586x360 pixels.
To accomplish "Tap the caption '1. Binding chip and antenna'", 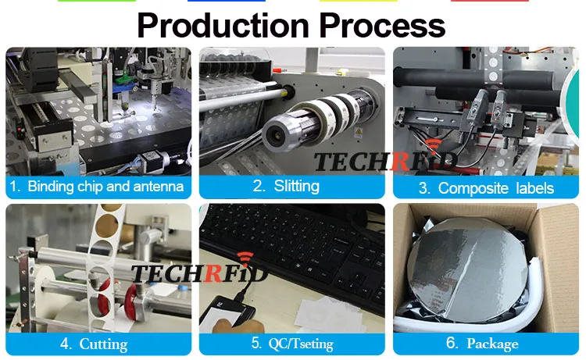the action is [x=98, y=187].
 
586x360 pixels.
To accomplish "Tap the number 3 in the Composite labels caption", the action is [x=423, y=187].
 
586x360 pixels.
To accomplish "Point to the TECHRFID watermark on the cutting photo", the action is [x=199, y=273].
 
